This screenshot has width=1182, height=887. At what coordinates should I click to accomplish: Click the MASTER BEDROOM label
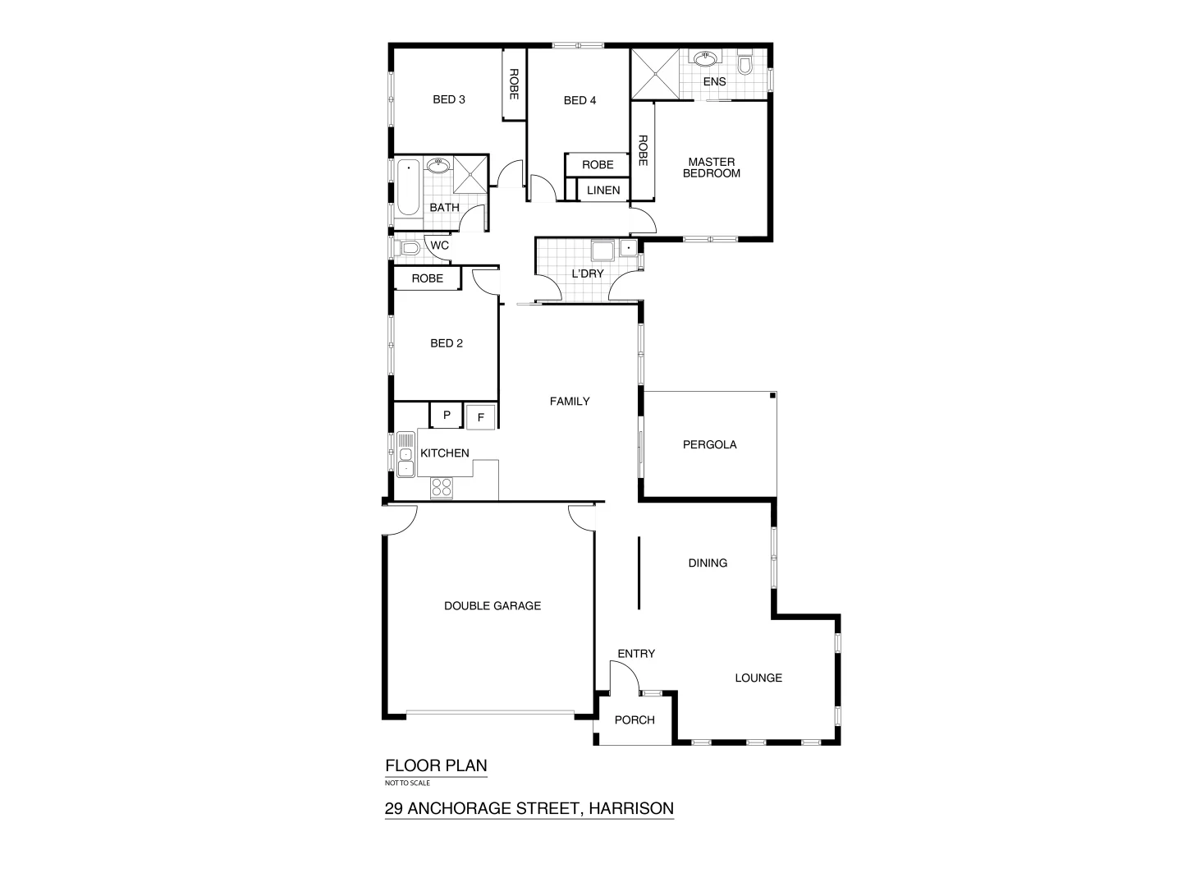click(x=711, y=168)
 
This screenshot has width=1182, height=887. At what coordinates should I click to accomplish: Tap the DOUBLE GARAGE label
click(x=492, y=606)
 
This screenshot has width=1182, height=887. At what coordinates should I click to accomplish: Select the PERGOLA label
click(x=709, y=445)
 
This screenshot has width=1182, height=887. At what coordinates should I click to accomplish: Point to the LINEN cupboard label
click(x=603, y=191)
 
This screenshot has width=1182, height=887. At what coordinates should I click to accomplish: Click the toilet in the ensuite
click(x=745, y=64)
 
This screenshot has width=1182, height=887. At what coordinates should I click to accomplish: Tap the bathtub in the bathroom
click(x=408, y=187)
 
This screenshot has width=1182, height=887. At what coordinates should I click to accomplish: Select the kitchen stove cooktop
click(x=441, y=487)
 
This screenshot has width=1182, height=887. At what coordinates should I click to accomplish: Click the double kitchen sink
click(x=405, y=454)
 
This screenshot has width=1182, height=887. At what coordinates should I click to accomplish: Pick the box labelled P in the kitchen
click(x=447, y=416)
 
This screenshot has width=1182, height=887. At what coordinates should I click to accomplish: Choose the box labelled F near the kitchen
click(x=481, y=417)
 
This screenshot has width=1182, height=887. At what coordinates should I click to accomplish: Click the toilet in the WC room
click(x=408, y=247)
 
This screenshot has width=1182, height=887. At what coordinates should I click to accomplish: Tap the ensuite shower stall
click(x=655, y=74)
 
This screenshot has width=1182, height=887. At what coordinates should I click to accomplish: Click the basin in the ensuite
click(x=704, y=59)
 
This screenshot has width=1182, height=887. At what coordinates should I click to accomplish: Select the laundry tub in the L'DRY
click(x=604, y=251)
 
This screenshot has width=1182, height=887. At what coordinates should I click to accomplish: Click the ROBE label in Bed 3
click(x=514, y=85)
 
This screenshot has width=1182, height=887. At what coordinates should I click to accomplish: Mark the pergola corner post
click(x=772, y=396)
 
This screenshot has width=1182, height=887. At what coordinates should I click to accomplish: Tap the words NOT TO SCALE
click(x=408, y=783)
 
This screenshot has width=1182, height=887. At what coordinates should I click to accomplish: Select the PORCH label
click(x=635, y=720)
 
